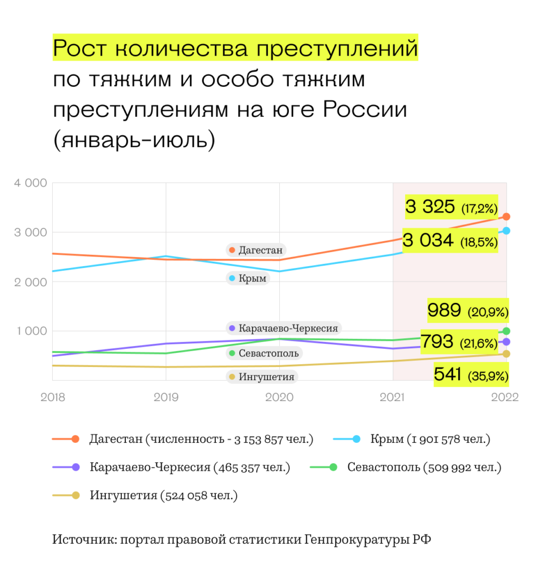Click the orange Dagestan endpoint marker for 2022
(506, 216)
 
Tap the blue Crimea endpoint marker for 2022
(506, 231)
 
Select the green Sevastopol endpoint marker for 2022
(506, 331)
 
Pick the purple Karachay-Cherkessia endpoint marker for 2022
(506, 342)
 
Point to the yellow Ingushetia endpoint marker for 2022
(506, 354)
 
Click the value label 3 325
(430, 207)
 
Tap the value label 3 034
(428, 241)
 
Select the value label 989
(445, 310)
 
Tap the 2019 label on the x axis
(166, 397)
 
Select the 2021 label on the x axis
(393, 397)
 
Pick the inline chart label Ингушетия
(261, 377)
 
